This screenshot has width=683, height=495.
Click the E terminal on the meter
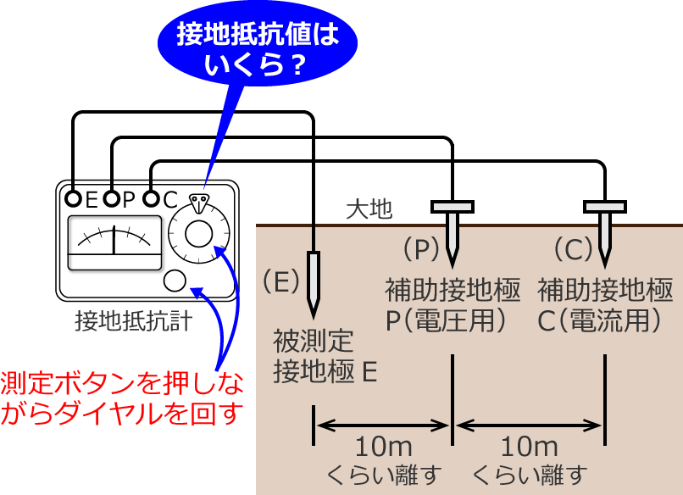75,199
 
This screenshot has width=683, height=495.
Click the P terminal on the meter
112,199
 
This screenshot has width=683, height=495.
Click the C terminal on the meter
151,199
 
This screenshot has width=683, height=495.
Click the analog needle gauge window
114,242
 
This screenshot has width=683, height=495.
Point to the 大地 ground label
369,209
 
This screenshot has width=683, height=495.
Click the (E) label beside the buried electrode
280,280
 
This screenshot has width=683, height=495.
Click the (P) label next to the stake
421,248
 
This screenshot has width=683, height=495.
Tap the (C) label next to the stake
572,248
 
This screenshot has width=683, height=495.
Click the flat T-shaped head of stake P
453,206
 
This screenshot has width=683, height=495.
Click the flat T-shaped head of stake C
605,206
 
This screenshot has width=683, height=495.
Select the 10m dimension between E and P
384,447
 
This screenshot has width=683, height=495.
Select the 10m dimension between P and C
529,447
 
